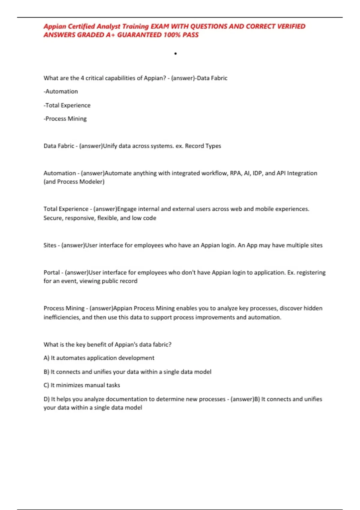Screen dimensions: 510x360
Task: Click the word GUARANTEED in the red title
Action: pyautogui.click(x=139, y=35)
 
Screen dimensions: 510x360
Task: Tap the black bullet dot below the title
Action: pyautogui.click(x=175, y=54)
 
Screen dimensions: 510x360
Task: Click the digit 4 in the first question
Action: pyautogui.click(x=82, y=78)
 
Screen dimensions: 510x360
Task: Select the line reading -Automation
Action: pyautogui.click(x=61, y=91)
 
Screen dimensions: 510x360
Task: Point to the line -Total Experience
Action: pyautogui.click(x=67, y=105)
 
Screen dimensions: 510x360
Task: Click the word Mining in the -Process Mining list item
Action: pyautogui.click(x=77, y=119)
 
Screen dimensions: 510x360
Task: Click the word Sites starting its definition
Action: pyautogui.click(x=50, y=245)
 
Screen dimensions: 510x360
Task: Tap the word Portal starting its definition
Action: pyautogui.click(x=52, y=272)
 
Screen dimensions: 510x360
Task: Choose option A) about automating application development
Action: pyautogui.click(x=99, y=358)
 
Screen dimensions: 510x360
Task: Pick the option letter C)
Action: pyautogui.click(x=46, y=385)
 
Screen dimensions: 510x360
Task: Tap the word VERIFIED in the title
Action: pyautogui.click(x=291, y=26)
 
